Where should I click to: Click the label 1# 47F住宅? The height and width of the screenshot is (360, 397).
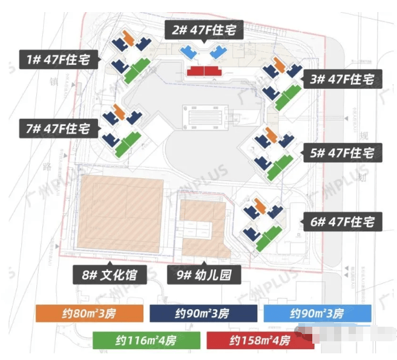click(57, 59)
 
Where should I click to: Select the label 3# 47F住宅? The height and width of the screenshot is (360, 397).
click(343, 79)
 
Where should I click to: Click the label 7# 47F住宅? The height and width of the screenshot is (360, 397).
click(57, 128)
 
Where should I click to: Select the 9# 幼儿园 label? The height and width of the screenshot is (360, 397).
click(204, 275)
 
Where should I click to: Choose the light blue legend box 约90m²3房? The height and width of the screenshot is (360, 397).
click(317, 313)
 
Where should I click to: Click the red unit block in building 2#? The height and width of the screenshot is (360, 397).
click(205, 71)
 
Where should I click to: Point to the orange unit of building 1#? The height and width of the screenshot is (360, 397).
click(127, 36)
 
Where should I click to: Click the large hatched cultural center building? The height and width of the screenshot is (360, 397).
click(119, 214)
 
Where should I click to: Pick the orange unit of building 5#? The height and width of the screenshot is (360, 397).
click(272, 137)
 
